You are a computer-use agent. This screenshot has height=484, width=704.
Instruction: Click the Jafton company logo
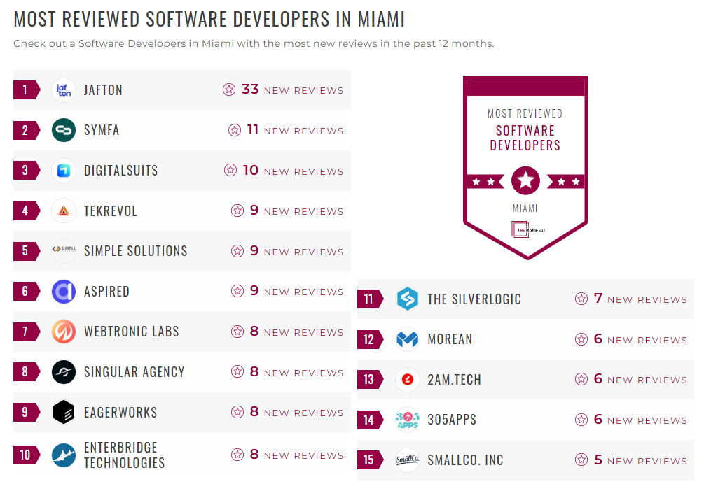click(x=64, y=90)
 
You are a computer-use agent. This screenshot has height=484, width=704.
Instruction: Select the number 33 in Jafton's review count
click(x=250, y=90)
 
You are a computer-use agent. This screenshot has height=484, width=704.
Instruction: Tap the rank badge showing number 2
click(x=26, y=130)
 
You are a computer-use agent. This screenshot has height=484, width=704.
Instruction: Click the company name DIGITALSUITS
click(x=120, y=171)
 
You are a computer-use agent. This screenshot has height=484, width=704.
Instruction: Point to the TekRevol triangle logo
click(x=64, y=211)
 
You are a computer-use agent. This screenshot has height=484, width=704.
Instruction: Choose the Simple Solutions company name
click(x=135, y=251)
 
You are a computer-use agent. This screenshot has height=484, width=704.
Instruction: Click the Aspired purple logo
click(x=64, y=292)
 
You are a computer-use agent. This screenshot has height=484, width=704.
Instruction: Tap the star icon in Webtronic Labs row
click(x=237, y=332)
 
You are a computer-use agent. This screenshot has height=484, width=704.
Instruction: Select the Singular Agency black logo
click(x=64, y=372)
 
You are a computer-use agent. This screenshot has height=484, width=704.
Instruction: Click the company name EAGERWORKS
click(x=120, y=413)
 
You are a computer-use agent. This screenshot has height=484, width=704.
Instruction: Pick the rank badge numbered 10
click(x=26, y=455)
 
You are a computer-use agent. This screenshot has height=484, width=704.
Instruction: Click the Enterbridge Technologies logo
click(x=64, y=455)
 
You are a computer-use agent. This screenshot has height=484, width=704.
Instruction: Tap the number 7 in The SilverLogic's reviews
click(x=598, y=299)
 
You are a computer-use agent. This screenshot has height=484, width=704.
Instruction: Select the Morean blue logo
click(x=407, y=339)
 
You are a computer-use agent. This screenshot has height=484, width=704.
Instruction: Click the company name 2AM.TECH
click(x=454, y=380)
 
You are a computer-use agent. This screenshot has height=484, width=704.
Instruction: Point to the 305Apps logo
click(x=407, y=420)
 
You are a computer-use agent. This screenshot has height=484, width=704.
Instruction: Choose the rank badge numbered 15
click(x=369, y=460)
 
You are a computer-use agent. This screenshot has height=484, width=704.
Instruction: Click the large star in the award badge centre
click(x=525, y=181)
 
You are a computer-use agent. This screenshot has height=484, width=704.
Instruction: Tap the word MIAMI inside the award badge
click(x=525, y=208)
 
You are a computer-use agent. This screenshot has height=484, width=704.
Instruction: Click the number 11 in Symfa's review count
click(x=253, y=130)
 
